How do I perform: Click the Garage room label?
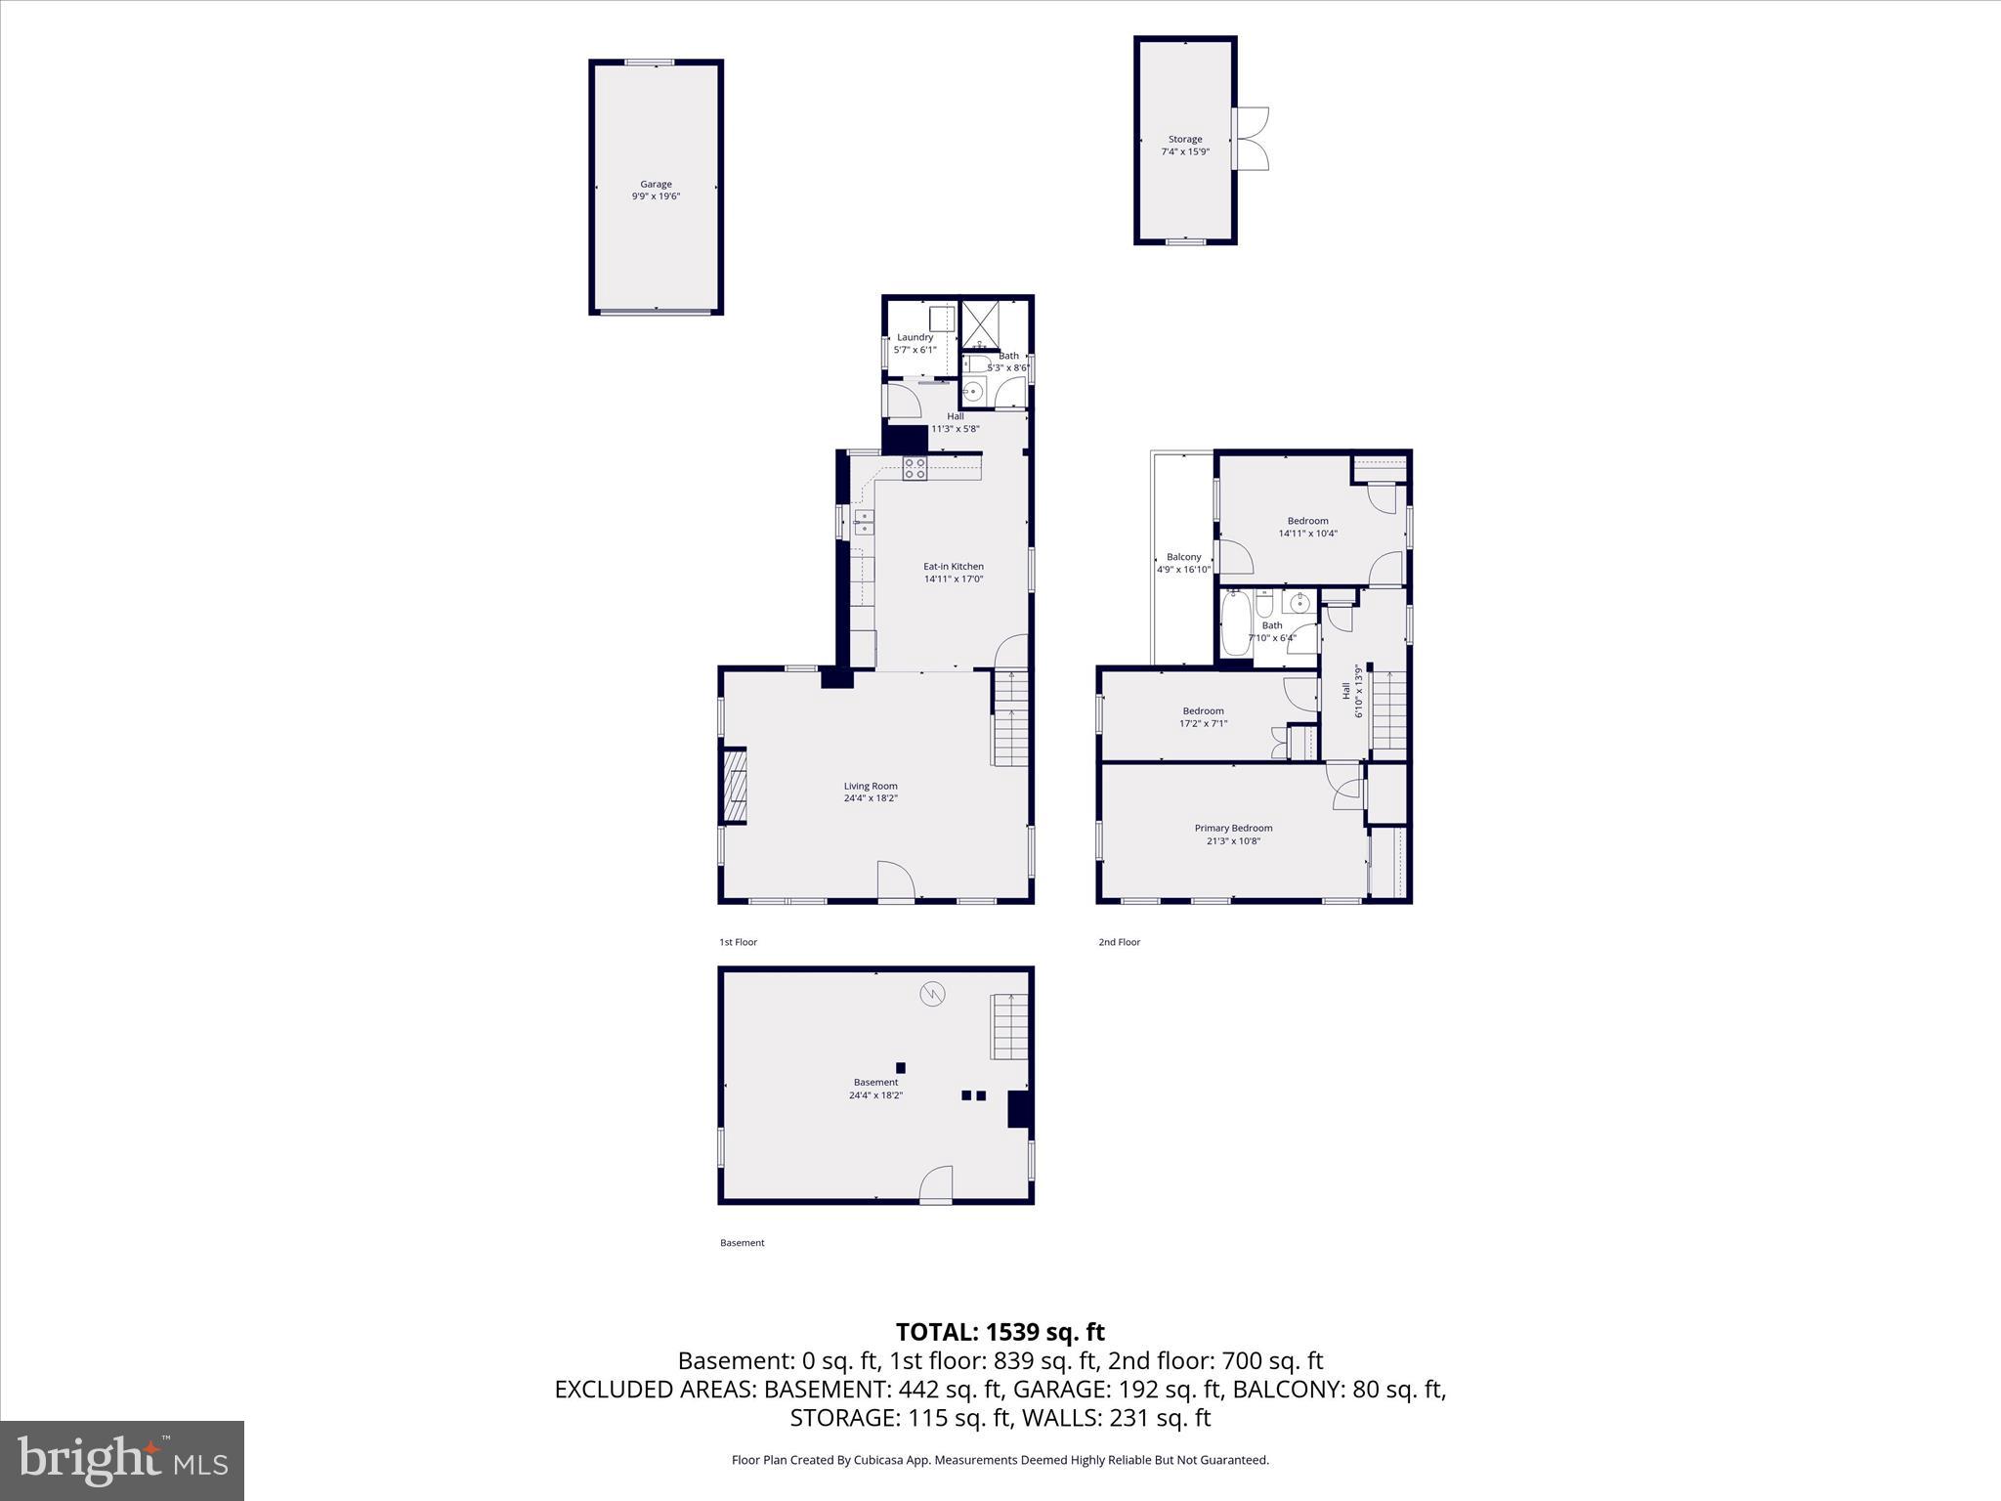coord(656,184)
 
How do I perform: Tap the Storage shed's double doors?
coord(1250,139)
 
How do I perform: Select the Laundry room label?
coord(915,337)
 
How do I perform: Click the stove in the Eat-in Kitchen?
coord(915,468)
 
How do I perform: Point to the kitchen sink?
coord(864,522)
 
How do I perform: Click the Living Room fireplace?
coord(734,787)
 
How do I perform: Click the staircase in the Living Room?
coord(1011,716)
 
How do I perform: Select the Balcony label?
coord(1183,557)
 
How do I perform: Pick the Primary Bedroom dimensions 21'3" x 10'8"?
coord(1233,840)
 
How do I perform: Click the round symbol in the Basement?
coord(932,995)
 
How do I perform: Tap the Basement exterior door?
coord(936,1184)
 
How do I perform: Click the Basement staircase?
coord(1009,1026)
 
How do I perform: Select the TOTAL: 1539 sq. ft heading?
coord(1000,1332)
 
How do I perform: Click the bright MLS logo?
coord(122,1460)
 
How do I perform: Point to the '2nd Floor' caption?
coord(1119,942)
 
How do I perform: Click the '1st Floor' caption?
coord(738,942)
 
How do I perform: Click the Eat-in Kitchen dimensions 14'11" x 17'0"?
coord(954,579)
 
